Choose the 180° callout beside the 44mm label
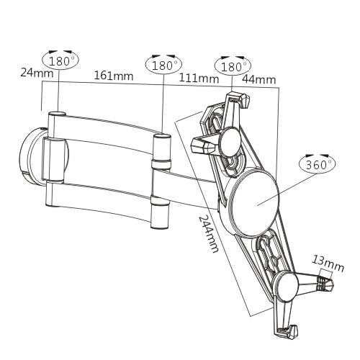tap(234, 66)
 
